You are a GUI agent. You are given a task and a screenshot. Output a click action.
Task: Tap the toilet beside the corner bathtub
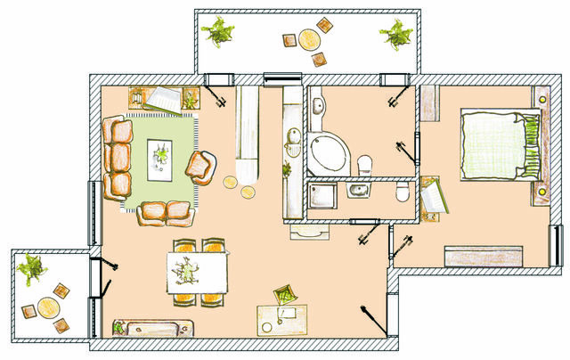364,163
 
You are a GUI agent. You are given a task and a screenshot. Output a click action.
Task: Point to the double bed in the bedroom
497,146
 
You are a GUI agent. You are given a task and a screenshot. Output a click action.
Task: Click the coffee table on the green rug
160,159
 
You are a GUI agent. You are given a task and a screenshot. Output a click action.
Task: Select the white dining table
195,271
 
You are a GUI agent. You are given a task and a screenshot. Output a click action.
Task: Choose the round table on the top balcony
309,40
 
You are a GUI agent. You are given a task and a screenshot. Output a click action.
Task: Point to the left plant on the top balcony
217,34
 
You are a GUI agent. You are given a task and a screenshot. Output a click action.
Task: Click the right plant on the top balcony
393,35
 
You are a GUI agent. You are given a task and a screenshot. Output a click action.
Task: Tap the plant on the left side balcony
32,268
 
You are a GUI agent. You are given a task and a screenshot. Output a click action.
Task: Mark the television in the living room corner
162,98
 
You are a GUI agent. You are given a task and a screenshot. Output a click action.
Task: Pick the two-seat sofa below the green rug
166,212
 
